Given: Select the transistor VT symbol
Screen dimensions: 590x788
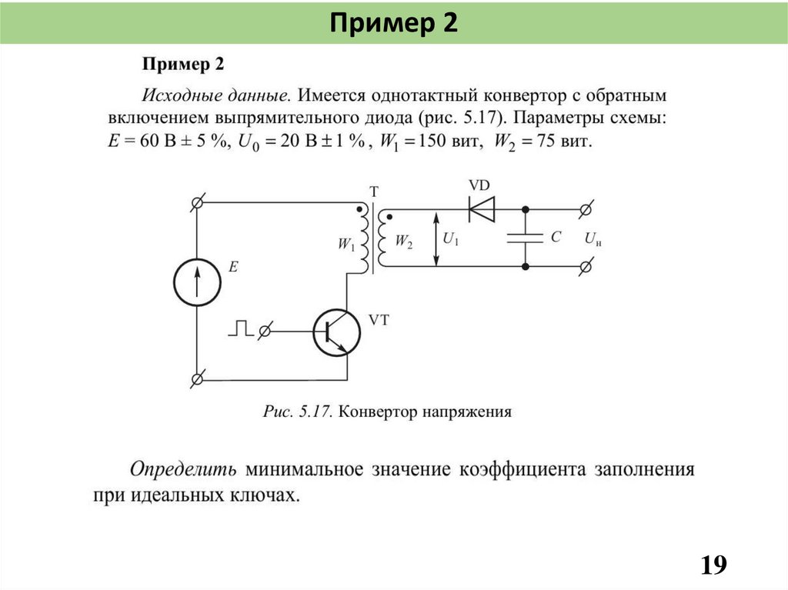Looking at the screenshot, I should tap(337, 332).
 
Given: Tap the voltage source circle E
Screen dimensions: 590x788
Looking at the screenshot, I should tap(196, 282).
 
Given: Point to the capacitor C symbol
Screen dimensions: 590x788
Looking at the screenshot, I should tap(526, 238).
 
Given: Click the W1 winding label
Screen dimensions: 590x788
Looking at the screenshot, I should tap(346, 244).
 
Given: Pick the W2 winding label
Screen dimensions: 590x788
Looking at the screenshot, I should tap(404, 241).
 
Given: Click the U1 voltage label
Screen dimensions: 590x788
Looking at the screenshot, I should tap(451, 240).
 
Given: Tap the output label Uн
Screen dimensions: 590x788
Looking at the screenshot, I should tap(592, 239).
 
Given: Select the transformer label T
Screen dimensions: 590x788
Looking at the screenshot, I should tap(374, 192).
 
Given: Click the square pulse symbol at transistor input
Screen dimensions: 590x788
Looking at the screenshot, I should tap(240, 328).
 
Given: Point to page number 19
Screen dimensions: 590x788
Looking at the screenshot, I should tap(713, 565).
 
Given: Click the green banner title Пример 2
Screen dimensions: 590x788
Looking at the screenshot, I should tap(394, 23).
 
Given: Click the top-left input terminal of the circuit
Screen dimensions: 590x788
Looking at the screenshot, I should tap(196, 202).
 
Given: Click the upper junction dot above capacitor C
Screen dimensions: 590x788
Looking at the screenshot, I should tap(526, 208).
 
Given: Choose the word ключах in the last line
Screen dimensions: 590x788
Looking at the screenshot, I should tap(260, 496).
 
